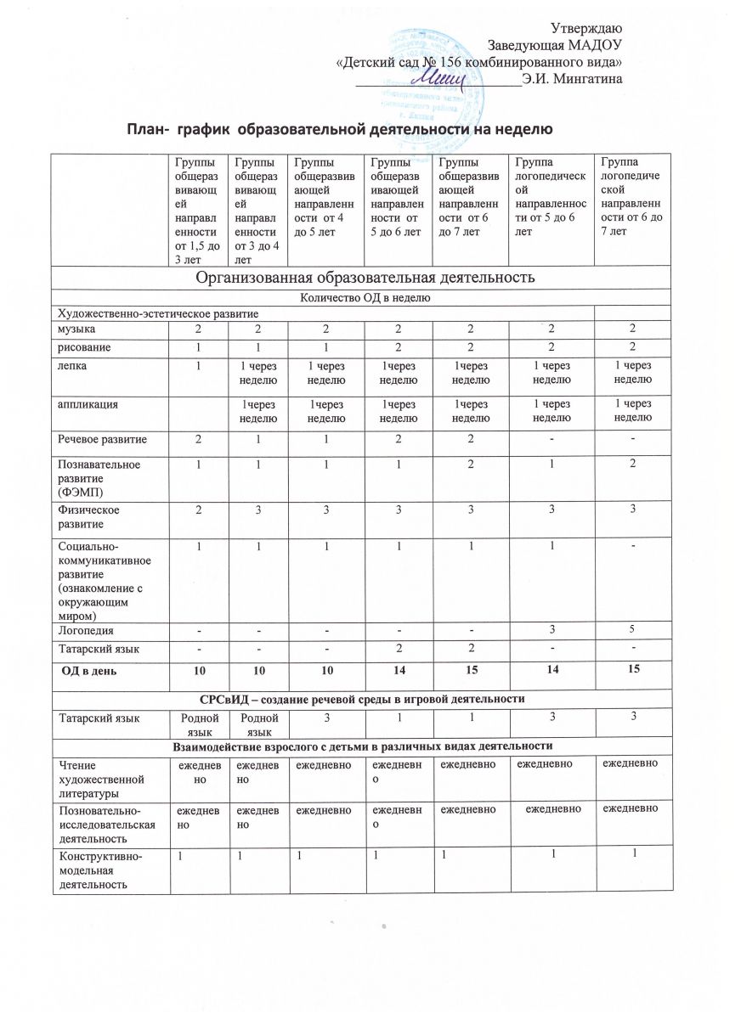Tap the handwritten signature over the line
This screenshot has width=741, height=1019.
click(x=440, y=78)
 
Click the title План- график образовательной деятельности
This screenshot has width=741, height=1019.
click(x=340, y=129)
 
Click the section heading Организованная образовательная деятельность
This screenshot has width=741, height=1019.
click(x=365, y=278)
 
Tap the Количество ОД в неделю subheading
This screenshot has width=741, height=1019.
click(x=365, y=297)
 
